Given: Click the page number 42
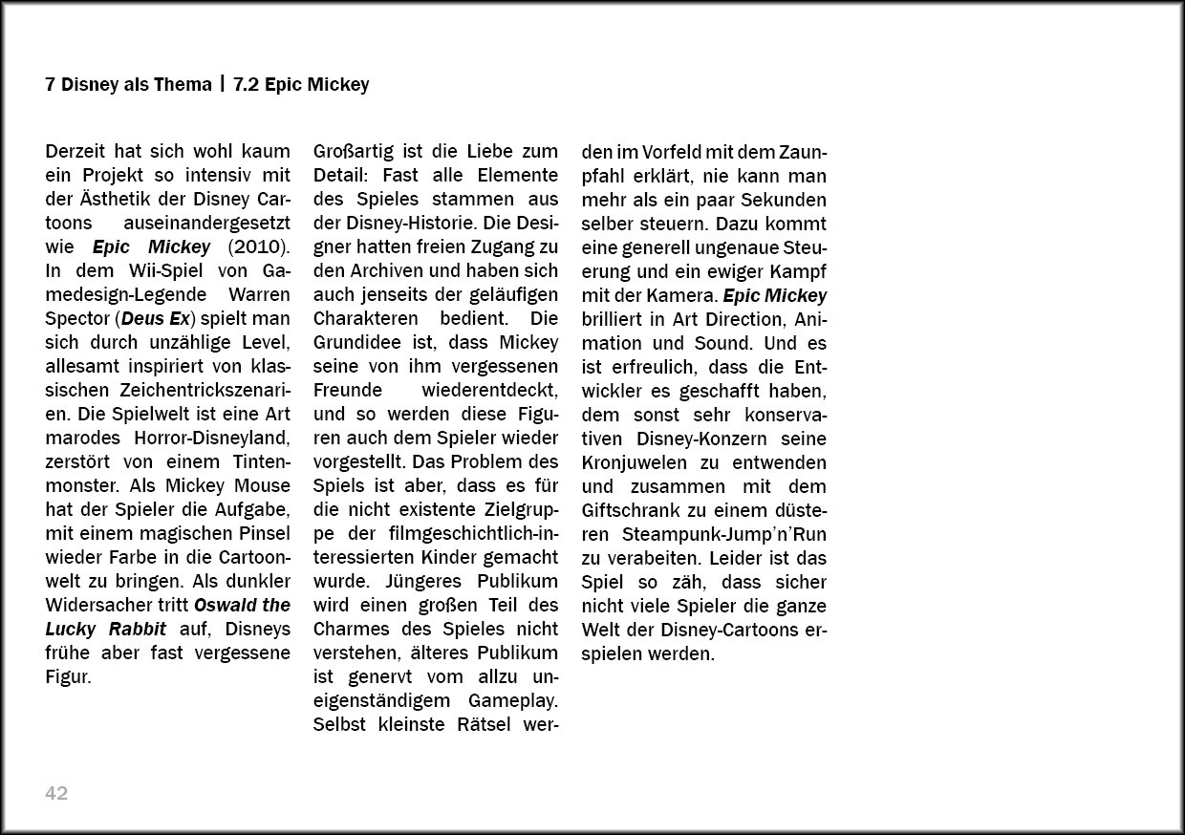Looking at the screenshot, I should point(56,793).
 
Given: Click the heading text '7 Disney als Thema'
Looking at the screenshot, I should point(128,85).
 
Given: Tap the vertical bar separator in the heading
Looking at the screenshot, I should point(222,85).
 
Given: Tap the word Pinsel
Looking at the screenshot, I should point(260,534).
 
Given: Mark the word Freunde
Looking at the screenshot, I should point(348,391).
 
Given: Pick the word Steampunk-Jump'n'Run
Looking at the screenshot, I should point(725,534).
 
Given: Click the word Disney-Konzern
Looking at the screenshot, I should point(700,439).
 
